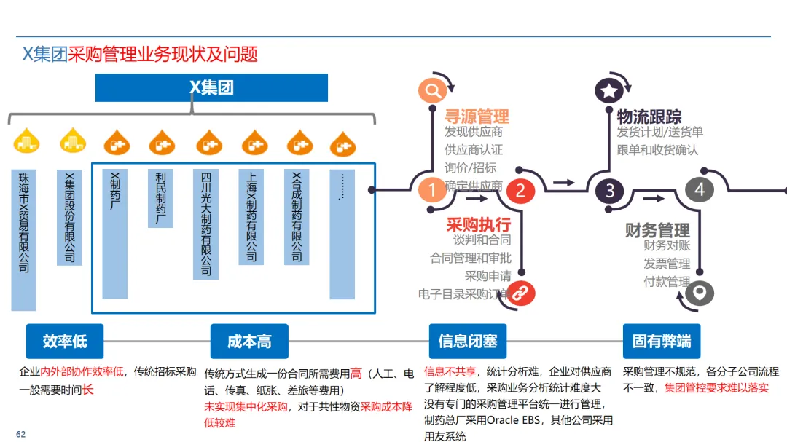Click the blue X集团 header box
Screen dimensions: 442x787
(211, 88)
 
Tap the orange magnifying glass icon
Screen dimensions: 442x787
(432, 90)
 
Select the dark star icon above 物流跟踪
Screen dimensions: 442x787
(609, 90)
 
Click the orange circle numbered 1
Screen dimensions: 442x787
(432, 190)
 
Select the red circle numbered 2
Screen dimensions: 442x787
(520, 190)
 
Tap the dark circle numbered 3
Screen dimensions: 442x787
(610, 191)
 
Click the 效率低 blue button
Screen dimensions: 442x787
(65, 341)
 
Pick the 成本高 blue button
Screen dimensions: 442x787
(249, 341)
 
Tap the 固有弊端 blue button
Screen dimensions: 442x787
(661, 341)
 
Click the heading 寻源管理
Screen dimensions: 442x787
(477, 116)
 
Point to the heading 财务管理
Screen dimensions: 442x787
(657, 230)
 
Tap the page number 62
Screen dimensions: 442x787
(20, 435)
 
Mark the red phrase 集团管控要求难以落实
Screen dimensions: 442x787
(716, 387)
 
